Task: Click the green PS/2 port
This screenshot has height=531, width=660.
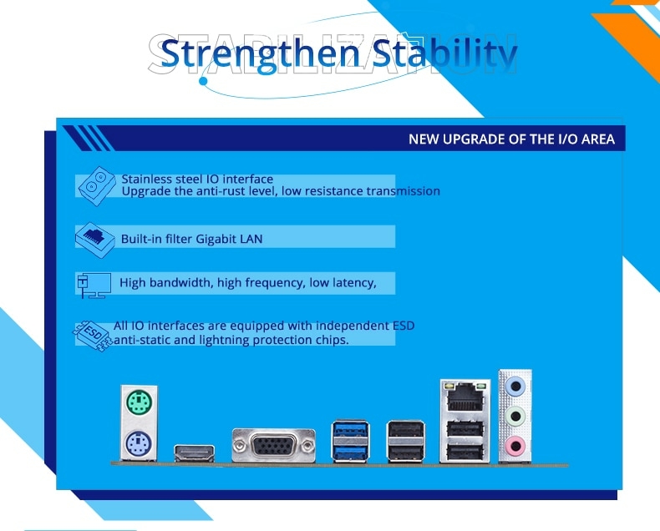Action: tap(139, 402)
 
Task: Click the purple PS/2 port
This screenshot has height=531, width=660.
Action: tap(139, 443)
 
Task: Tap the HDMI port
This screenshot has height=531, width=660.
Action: tap(195, 453)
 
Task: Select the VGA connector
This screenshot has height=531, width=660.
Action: tap(273, 445)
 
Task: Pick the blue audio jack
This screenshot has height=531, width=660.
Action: tap(515, 386)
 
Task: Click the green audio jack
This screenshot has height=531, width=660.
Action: tap(515, 416)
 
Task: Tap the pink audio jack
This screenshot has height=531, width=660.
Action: tap(515, 446)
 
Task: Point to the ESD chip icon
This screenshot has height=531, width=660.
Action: tap(93, 336)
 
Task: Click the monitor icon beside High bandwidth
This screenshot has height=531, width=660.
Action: tap(94, 285)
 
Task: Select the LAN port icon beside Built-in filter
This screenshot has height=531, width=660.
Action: tap(95, 240)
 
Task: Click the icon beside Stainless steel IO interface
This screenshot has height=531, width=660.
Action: tap(97, 185)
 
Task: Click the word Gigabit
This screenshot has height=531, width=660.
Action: tap(216, 239)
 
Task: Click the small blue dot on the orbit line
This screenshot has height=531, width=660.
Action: tap(203, 81)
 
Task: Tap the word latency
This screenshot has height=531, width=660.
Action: tap(354, 283)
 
